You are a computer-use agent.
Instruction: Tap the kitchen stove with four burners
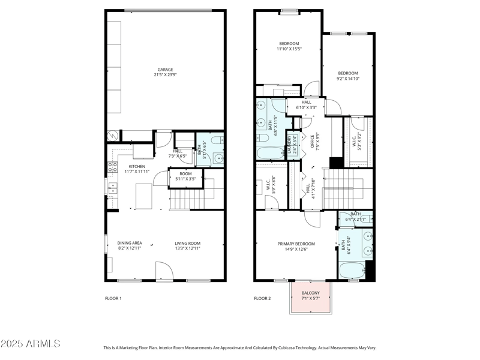click(111, 168)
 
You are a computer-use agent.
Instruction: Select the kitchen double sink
click(112, 188)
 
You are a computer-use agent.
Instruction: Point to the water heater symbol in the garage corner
click(111, 136)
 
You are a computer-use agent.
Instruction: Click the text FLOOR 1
click(113, 298)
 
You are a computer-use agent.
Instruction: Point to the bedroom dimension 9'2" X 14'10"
click(347, 78)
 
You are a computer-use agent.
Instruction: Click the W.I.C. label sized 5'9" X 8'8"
click(271, 187)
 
